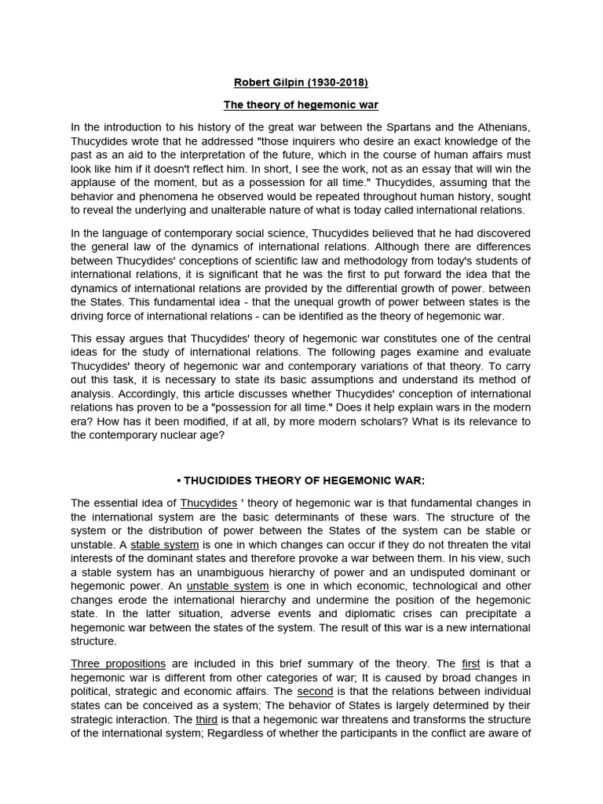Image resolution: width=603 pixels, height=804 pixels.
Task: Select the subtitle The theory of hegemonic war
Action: click(301, 105)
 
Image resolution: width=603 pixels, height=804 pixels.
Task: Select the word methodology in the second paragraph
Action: click(373, 260)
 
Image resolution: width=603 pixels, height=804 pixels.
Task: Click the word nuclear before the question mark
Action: click(188, 434)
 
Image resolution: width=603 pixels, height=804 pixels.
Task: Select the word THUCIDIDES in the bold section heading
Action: click(220, 480)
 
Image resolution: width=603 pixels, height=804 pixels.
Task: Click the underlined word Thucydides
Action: click(210, 503)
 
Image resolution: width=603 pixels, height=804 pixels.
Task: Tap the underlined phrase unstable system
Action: click(227, 587)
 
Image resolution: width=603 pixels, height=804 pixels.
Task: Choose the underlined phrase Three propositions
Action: click(118, 663)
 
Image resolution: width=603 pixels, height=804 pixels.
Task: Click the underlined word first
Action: click(470, 663)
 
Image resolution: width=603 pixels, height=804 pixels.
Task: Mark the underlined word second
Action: click(315, 691)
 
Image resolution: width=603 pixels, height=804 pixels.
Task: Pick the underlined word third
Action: click(206, 718)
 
